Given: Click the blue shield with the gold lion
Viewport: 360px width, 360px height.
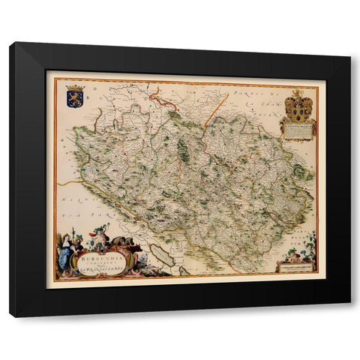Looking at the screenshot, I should (74, 100).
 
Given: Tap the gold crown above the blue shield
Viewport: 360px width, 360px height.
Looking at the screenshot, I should (74, 88).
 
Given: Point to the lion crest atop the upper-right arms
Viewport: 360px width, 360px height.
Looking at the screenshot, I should (298, 94).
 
